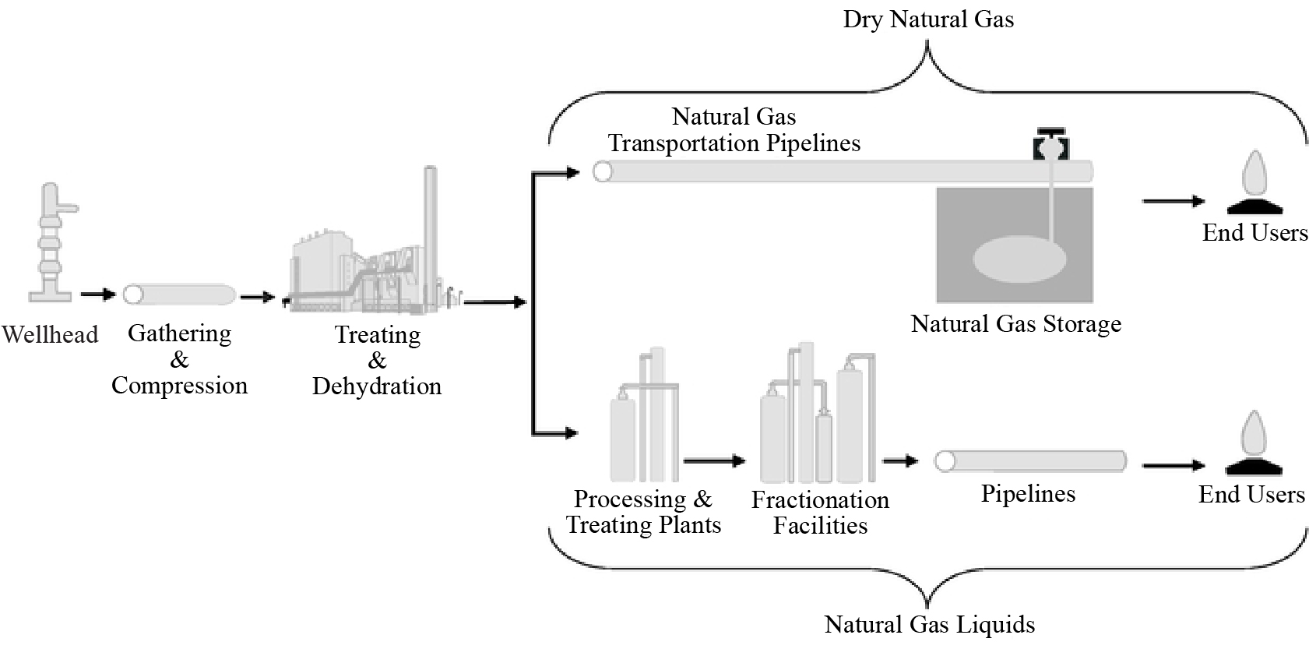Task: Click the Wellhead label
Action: pos(50,334)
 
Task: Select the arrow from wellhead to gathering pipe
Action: pos(97,295)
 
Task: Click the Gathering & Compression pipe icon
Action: pos(180,295)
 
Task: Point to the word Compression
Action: pos(179,386)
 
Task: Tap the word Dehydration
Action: pos(377,386)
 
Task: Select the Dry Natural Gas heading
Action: pos(928,19)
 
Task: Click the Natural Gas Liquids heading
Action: pos(930,624)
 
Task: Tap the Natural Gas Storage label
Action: pos(1016,323)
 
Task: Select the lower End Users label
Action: pos(1251,494)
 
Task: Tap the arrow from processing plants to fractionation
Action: pos(714,461)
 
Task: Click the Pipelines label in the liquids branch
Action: pos(1028,494)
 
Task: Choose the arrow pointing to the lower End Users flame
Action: pos(1174,466)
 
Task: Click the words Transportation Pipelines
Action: pos(734,143)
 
